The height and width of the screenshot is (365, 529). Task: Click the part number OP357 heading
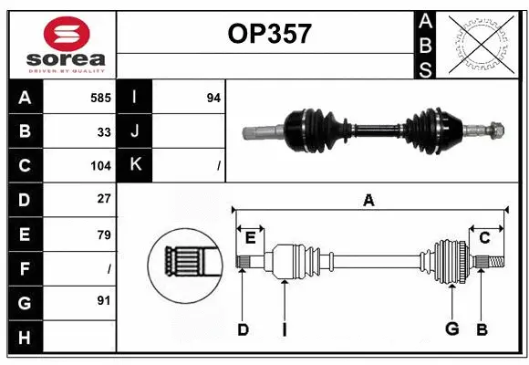pyautogui.click(x=267, y=35)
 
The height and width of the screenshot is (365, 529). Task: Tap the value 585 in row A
pyautogui.click(x=100, y=97)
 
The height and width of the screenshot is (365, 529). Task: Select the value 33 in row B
pyautogui.click(x=104, y=131)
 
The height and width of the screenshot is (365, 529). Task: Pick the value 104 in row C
pyautogui.click(x=100, y=166)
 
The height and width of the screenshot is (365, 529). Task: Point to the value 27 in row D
pyautogui.click(x=104, y=198)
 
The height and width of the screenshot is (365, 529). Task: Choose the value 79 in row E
pyautogui.click(x=104, y=235)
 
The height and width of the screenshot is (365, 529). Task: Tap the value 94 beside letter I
pyautogui.click(x=213, y=97)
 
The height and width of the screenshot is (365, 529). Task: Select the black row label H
pyautogui.click(x=24, y=338)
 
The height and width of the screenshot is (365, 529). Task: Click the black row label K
pyautogui.click(x=135, y=165)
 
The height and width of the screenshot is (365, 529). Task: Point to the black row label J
pyautogui.click(x=135, y=131)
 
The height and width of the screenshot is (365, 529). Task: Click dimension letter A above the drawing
pyautogui.click(x=368, y=201)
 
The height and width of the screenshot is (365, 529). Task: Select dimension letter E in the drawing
pyautogui.click(x=250, y=238)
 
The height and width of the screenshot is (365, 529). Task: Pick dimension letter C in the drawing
pyautogui.click(x=485, y=238)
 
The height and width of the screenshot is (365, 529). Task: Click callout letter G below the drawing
pyautogui.click(x=451, y=328)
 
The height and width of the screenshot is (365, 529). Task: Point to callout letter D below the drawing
pyautogui.click(x=243, y=329)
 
